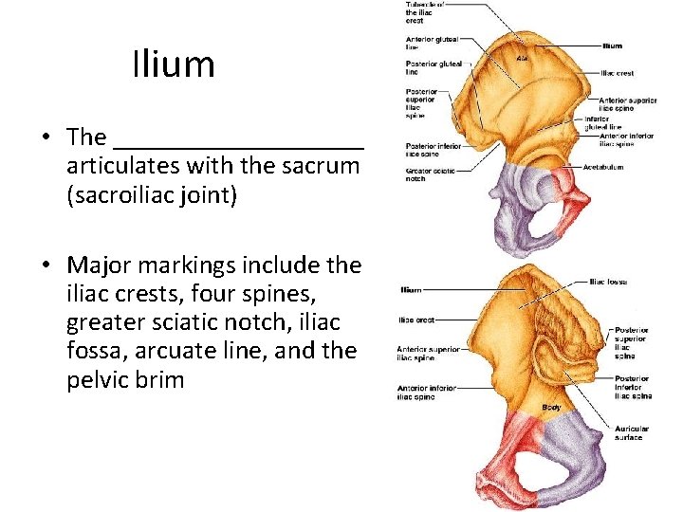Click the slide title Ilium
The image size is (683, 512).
pyautogui.click(x=174, y=64)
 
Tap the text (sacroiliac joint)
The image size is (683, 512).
pyautogui.click(x=152, y=196)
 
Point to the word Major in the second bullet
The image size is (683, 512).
pyautogui.click(x=101, y=265)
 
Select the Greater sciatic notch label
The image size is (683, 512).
pyautogui.click(x=429, y=175)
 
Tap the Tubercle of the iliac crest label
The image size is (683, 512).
pyautogui.click(x=421, y=11)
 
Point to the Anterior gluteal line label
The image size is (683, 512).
pyautogui.click(x=432, y=43)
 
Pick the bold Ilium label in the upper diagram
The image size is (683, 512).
pyautogui.click(x=612, y=45)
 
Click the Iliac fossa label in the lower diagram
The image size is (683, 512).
pyautogui.click(x=610, y=282)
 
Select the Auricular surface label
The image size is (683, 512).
pyautogui.click(x=629, y=432)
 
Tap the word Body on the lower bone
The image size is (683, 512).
pyautogui.click(x=551, y=408)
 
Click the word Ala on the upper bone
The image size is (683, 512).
pyautogui.click(x=522, y=59)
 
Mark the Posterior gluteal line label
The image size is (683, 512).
pyautogui.click(x=434, y=67)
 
